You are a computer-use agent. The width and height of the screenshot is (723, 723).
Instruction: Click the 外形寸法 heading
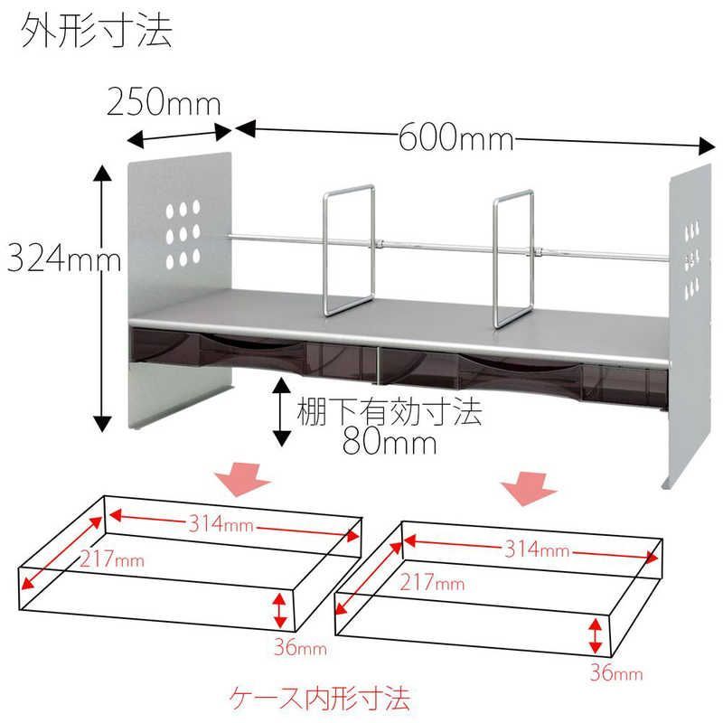pos(97,32)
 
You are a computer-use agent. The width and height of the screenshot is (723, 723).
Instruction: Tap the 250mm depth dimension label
pos(164,102)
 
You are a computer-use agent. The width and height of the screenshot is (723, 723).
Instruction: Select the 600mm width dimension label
pos(455,138)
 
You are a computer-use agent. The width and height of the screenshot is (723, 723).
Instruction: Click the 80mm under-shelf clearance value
pos(390,443)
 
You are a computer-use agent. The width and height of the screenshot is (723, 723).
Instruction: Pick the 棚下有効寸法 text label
pos(390,412)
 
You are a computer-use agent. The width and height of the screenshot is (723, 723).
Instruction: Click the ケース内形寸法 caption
pos(320,699)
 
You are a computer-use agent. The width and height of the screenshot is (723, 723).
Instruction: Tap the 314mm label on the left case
pos(221,524)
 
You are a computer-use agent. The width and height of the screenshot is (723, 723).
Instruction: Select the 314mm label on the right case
pos(537,549)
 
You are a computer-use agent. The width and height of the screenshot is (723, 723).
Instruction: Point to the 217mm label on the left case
pos(112,559)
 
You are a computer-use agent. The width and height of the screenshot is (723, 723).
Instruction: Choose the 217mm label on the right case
pos(432,582)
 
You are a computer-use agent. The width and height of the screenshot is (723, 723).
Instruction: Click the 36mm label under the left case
pos(300,647)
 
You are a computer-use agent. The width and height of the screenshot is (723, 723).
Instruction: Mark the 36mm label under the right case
pos(616,672)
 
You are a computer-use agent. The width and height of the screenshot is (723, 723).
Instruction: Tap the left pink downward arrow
pos(243,480)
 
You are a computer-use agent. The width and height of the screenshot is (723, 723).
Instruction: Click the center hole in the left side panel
pos(183,234)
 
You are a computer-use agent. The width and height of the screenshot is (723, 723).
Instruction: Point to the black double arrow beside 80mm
pos(282,412)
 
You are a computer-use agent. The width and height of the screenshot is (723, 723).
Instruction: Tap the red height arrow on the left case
pos(279,610)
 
